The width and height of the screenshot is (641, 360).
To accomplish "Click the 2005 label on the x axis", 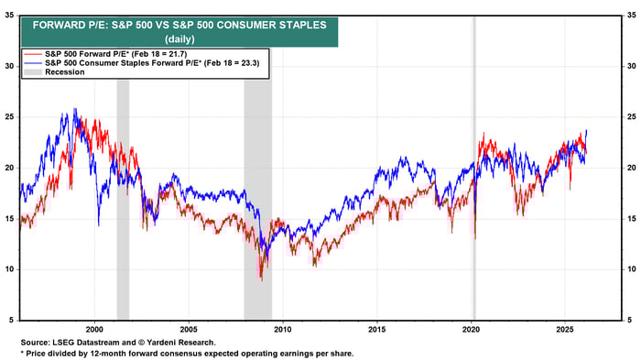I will pyautogui.click(x=189, y=328).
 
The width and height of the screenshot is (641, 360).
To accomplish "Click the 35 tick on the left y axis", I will pyautogui.click(x=10, y=16).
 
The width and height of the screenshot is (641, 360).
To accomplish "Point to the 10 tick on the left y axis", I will pyautogui.click(x=10, y=269).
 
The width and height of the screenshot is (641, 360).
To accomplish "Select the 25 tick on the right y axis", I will pyautogui.click(x=631, y=117).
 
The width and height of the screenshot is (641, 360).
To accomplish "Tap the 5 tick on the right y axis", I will pyautogui.click(x=631, y=320).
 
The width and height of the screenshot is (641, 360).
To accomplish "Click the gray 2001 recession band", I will pyautogui.click(x=123, y=183).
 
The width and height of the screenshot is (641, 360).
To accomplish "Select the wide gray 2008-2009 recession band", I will pyautogui.click(x=257, y=183).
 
